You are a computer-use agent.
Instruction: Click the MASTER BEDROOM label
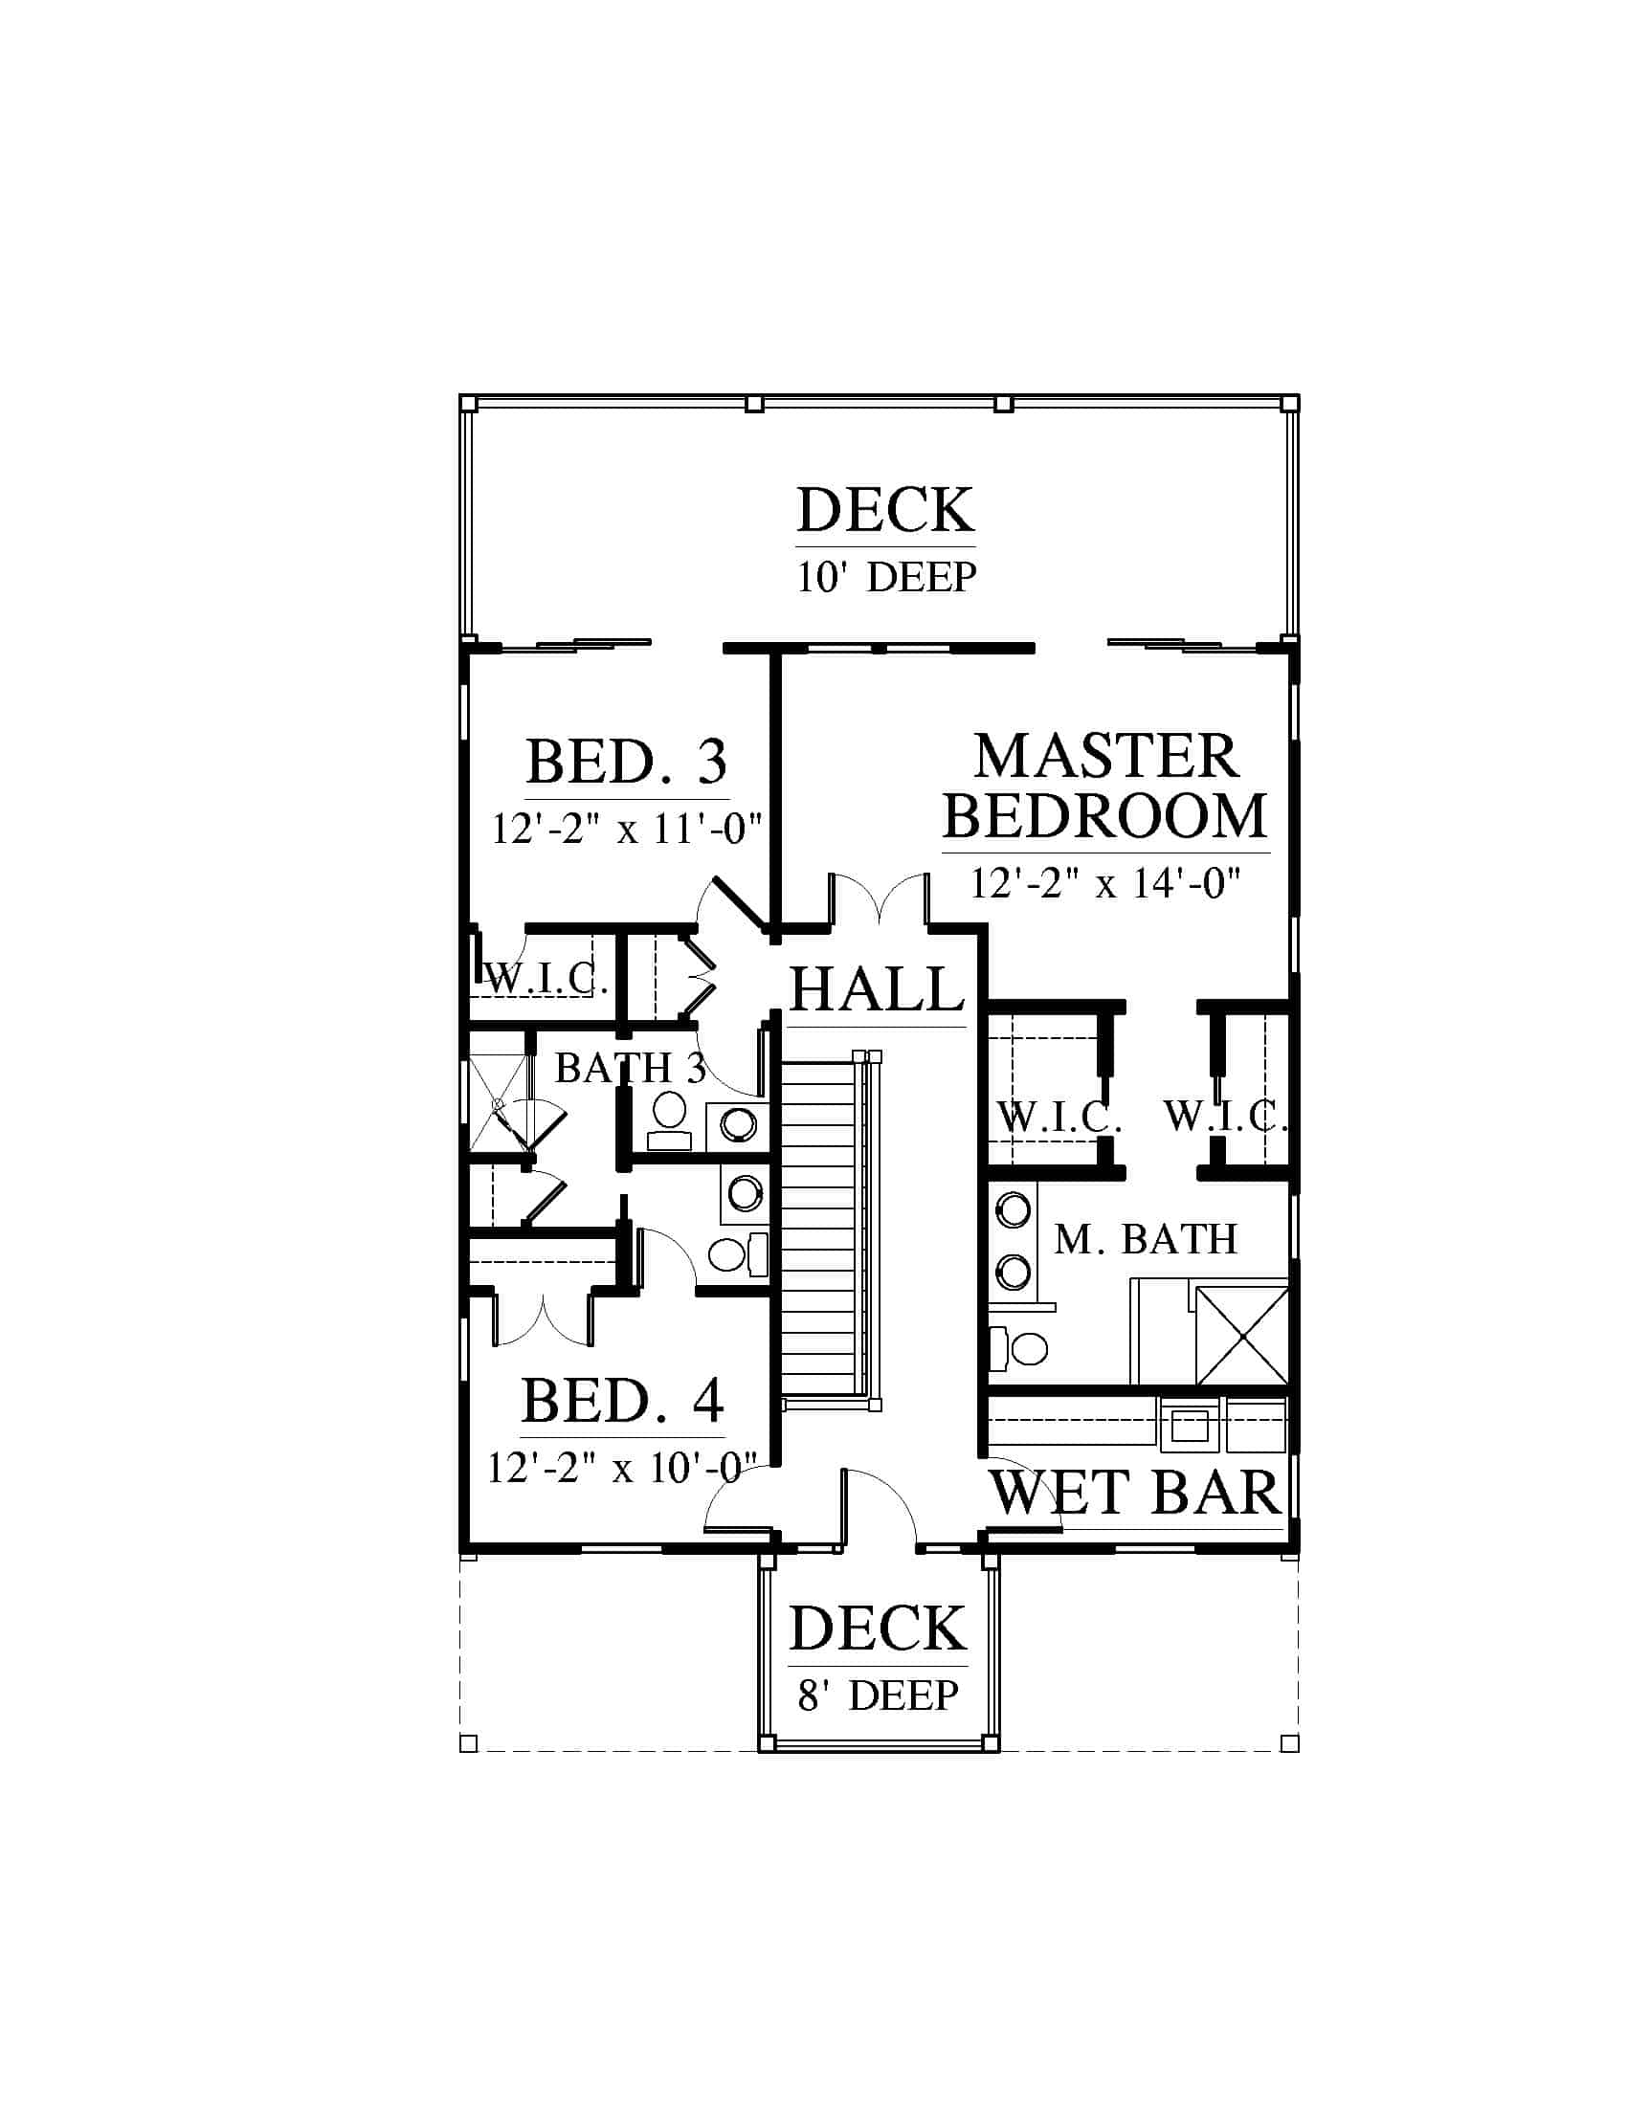click(x=1104, y=787)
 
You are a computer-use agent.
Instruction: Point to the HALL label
click(x=877, y=989)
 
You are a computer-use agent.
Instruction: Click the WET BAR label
click(x=1135, y=1493)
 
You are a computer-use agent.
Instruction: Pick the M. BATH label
click(x=1145, y=1239)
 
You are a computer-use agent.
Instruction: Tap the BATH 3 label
click(x=631, y=1068)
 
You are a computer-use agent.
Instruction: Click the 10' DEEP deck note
click(x=887, y=576)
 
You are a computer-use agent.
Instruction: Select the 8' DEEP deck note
click(x=878, y=1695)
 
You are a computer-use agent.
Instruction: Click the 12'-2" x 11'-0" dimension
click(x=627, y=828)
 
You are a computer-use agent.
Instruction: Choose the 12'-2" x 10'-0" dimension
click(x=623, y=1468)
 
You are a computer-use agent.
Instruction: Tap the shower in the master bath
click(x=1241, y=1334)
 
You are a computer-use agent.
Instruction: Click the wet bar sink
click(x=1190, y=1424)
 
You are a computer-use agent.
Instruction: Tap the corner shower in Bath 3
click(x=511, y=1103)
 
